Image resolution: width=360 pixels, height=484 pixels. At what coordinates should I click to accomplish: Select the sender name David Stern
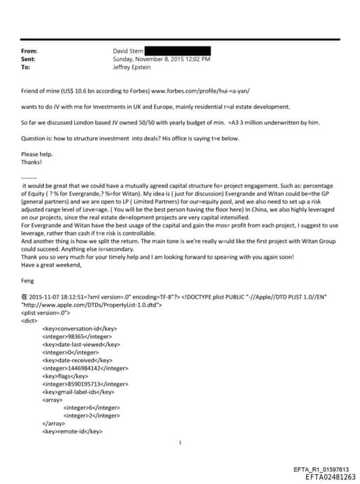(129, 51)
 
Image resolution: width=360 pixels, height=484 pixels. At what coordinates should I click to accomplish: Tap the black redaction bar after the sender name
(179, 51)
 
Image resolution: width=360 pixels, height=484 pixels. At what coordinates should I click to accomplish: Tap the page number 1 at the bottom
(181, 442)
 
